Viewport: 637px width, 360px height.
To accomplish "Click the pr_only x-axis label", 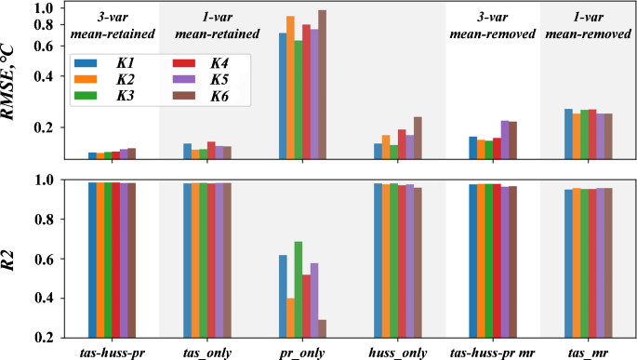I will point(303,352).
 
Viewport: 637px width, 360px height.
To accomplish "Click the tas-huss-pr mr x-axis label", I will point(492,352).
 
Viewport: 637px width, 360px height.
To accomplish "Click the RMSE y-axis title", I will point(13,84).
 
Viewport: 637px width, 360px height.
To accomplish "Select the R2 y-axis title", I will point(13,259).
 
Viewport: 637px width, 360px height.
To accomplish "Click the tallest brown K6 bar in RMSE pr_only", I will point(323,84).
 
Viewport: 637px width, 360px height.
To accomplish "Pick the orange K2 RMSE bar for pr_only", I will point(290,88).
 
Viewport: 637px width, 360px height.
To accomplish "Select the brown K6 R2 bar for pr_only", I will point(323,329).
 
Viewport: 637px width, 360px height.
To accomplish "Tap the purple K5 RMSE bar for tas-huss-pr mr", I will point(505,140).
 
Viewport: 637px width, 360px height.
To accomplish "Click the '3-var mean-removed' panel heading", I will point(492,25).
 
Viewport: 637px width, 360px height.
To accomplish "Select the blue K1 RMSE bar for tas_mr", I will point(568,134).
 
